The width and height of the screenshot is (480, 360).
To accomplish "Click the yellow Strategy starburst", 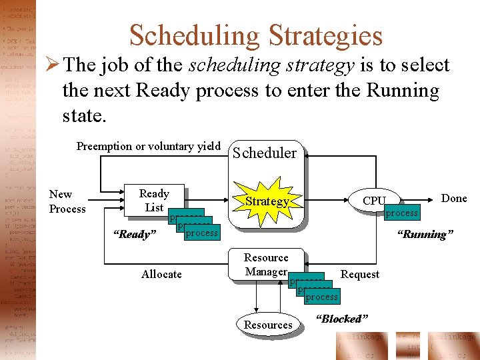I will tap(266, 201).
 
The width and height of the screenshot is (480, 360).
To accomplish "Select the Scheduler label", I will tap(264, 153).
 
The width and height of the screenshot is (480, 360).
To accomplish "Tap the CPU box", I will tap(374, 201).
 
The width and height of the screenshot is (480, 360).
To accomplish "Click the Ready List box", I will tap(154, 201).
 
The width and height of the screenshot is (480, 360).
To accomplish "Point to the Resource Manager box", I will tap(266, 265).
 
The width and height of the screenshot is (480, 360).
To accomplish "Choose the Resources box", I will tap(268, 325).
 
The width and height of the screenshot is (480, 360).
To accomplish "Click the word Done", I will tap(454, 198).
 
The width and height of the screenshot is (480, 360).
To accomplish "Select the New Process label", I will tap(67, 201).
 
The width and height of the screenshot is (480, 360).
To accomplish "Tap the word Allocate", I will tap(161, 274).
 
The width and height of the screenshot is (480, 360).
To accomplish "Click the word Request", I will tap(360, 274).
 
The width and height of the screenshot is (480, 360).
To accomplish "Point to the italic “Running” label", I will tap(425, 234).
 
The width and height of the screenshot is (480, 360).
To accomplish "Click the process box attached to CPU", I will tap(402, 213).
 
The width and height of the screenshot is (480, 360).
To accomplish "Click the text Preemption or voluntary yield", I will tap(148, 146).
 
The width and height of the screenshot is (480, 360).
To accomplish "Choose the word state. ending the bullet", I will tap(84, 115).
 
